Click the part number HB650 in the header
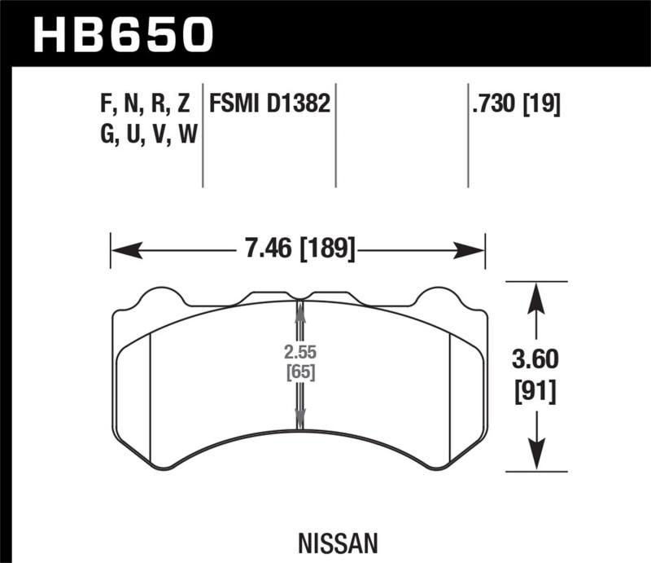[x=122, y=34]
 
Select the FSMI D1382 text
[x=269, y=105]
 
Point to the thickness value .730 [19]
[x=515, y=105]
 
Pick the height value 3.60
[x=535, y=360]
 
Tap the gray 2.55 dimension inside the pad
[x=299, y=354]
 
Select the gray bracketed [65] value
[x=299, y=374]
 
